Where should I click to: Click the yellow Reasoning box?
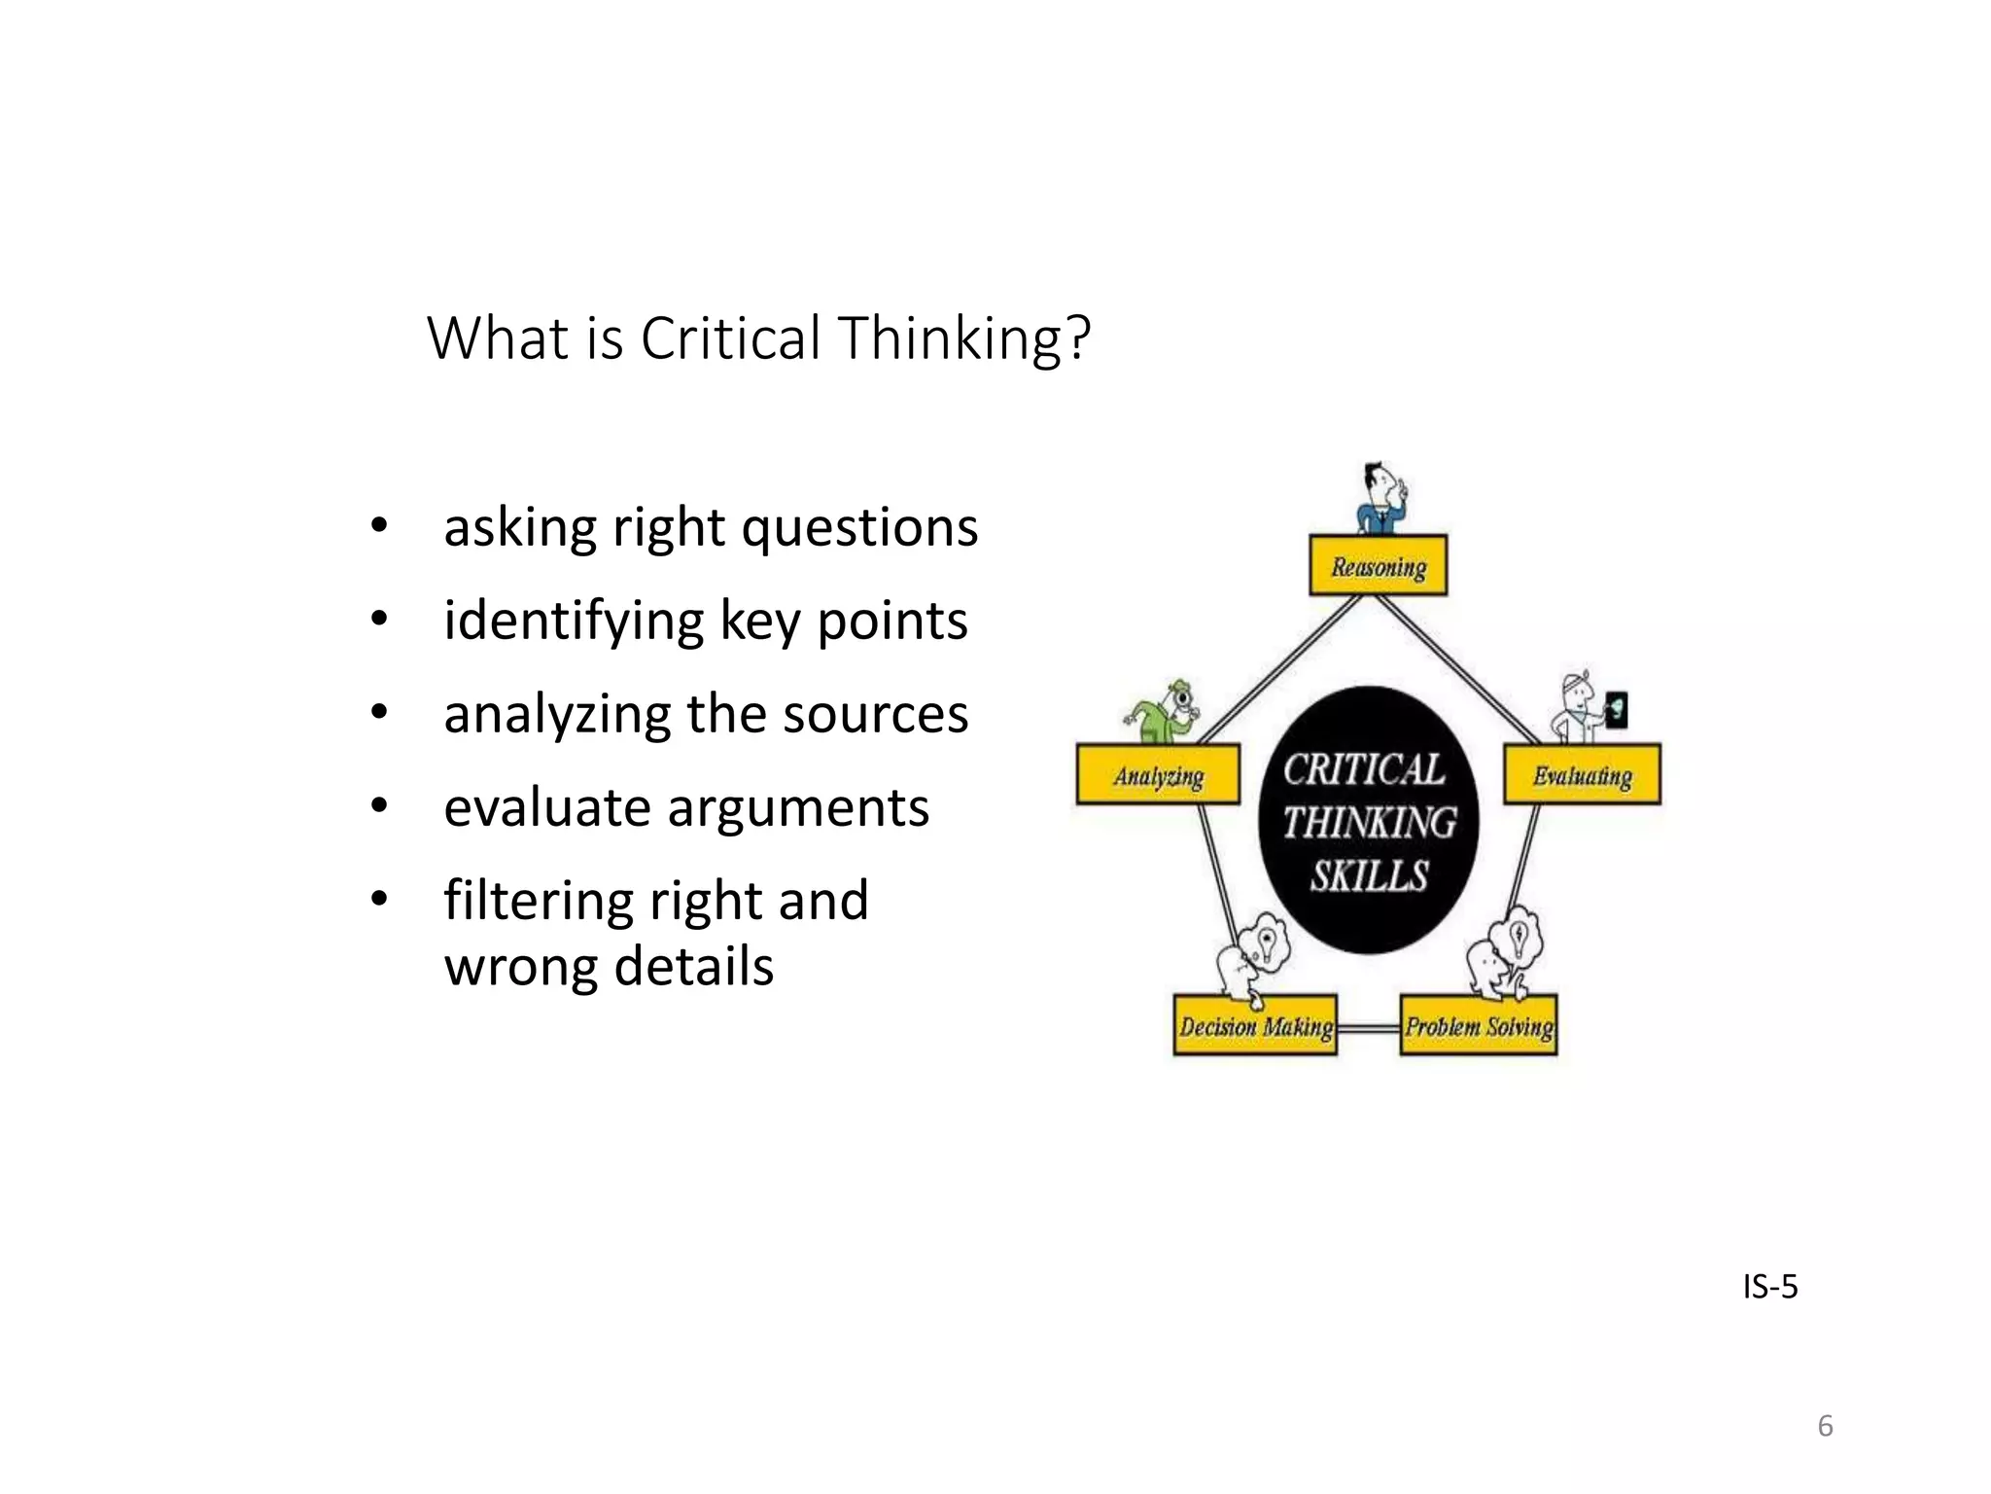pos(1378,565)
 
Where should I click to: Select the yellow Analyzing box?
pos(1158,774)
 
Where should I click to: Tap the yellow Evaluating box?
pos(1582,774)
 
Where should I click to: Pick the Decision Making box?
pos(1255,1025)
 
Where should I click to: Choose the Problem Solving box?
pos(1478,1025)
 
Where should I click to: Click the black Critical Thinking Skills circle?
pos(1368,820)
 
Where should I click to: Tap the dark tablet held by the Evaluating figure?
pos(1616,709)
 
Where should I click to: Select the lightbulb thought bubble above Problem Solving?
pos(1520,937)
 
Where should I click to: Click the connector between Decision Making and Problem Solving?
pos(1368,1027)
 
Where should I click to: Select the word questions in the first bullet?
pos(859,528)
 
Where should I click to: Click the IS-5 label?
pos(1769,1287)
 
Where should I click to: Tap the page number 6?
pos(1825,1426)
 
